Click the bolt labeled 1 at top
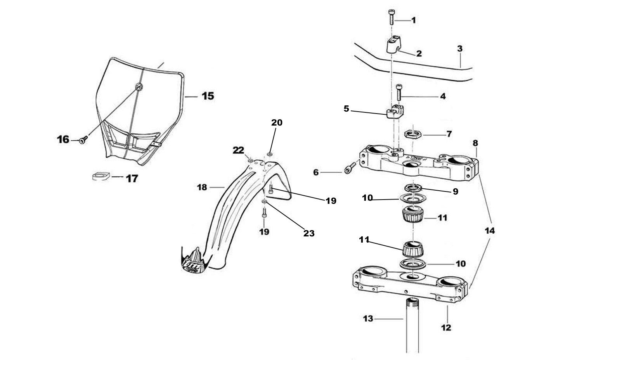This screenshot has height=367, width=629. (391, 17)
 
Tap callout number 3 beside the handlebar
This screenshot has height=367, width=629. (460, 49)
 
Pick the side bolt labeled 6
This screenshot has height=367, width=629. (349, 169)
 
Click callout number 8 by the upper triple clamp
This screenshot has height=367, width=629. (475, 143)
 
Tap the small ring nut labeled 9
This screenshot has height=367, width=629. (414, 188)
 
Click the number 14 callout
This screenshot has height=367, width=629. (490, 231)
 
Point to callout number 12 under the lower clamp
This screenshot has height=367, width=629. (446, 327)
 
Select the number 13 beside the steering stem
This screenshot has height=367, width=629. (368, 319)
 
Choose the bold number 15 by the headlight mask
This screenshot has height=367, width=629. (208, 96)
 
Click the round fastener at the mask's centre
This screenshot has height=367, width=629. (139, 86)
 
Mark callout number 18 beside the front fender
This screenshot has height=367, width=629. (202, 188)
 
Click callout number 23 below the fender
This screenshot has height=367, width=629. (309, 233)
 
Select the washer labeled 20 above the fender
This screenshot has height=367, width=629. (270, 154)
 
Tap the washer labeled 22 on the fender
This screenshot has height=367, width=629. (251, 160)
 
